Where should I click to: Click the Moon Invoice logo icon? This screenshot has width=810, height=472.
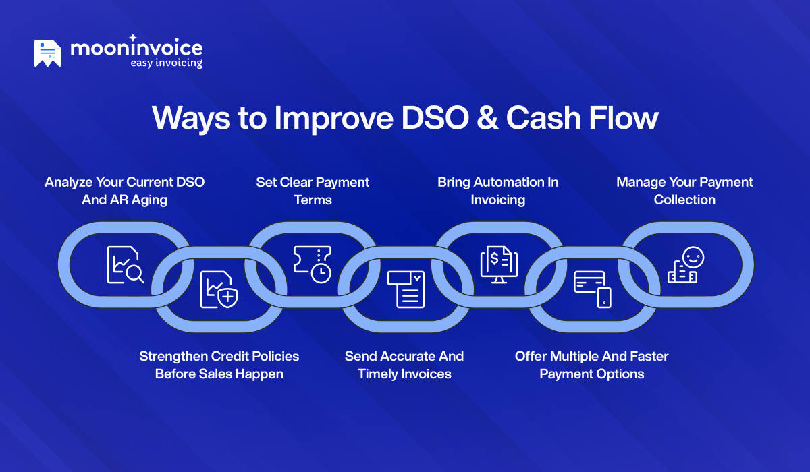(x=47, y=53)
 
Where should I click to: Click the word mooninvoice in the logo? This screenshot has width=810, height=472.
(x=136, y=48)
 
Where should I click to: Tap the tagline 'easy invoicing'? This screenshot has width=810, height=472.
(x=165, y=63)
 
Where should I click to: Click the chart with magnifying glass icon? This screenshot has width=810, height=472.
(x=125, y=265)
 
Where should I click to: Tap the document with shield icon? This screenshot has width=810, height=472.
(x=219, y=290)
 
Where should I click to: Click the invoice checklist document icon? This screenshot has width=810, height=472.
(x=406, y=289)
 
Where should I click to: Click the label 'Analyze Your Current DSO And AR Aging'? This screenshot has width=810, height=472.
(x=125, y=191)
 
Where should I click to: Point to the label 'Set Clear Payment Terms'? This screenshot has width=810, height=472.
(x=313, y=191)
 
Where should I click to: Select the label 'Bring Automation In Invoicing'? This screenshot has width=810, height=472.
(x=498, y=191)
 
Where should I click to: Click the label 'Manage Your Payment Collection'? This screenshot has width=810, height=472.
(x=684, y=191)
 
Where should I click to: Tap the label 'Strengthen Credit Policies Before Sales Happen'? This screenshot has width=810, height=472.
(x=219, y=365)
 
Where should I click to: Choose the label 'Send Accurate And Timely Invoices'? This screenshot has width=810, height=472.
(x=404, y=365)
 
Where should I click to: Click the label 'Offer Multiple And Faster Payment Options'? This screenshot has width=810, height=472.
(x=592, y=365)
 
